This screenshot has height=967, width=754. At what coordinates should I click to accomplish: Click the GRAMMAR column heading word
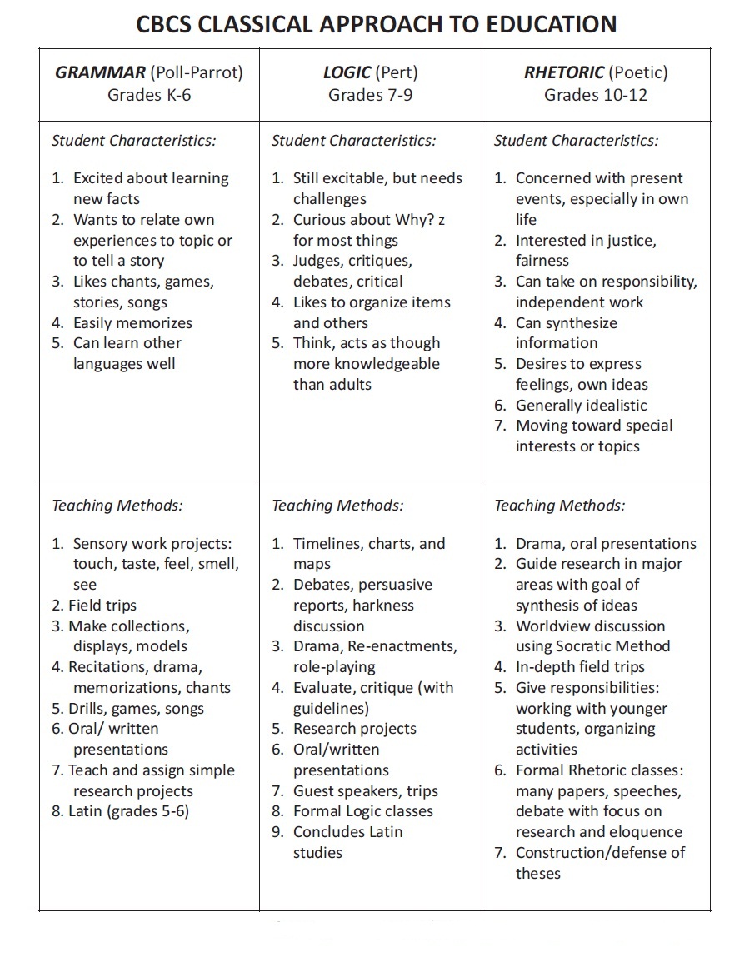click(100, 72)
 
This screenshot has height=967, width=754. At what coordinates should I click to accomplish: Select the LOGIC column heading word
click(347, 72)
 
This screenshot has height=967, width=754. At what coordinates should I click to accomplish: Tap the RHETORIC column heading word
click(563, 72)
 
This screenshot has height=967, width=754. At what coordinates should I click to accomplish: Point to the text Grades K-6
click(149, 94)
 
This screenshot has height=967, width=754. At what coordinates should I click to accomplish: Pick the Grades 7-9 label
click(370, 94)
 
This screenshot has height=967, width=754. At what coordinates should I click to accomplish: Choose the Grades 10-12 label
click(595, 94)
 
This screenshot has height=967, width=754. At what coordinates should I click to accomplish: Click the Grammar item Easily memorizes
click(132, 323)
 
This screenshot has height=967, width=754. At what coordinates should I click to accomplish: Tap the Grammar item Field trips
click(102, 606)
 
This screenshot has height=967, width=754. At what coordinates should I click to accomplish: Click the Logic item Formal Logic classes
click(362, 811)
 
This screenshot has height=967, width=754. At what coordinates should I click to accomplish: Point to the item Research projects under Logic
click(354, 729)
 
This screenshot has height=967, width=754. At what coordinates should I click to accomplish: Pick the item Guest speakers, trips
click(365, 791)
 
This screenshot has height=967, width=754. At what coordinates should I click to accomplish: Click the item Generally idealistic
click(581, 406)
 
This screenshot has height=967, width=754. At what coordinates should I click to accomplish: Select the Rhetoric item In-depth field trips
click(580, 667)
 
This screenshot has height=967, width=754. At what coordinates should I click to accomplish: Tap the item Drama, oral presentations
click(605, 544)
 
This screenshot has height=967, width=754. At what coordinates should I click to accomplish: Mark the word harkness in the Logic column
click(382, 606)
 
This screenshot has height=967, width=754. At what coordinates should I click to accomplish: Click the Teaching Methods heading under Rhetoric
click(559, 506)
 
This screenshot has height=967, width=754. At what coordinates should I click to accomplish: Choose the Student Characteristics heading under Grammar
click(133, 141)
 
